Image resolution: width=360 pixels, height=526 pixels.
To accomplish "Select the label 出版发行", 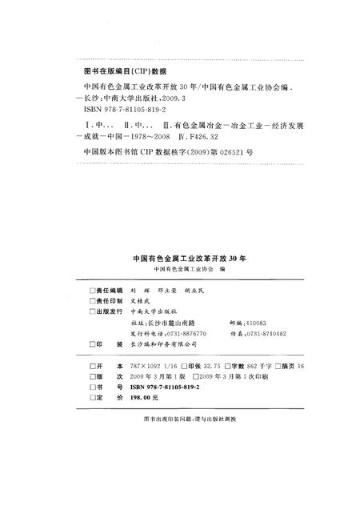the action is point(106,310).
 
